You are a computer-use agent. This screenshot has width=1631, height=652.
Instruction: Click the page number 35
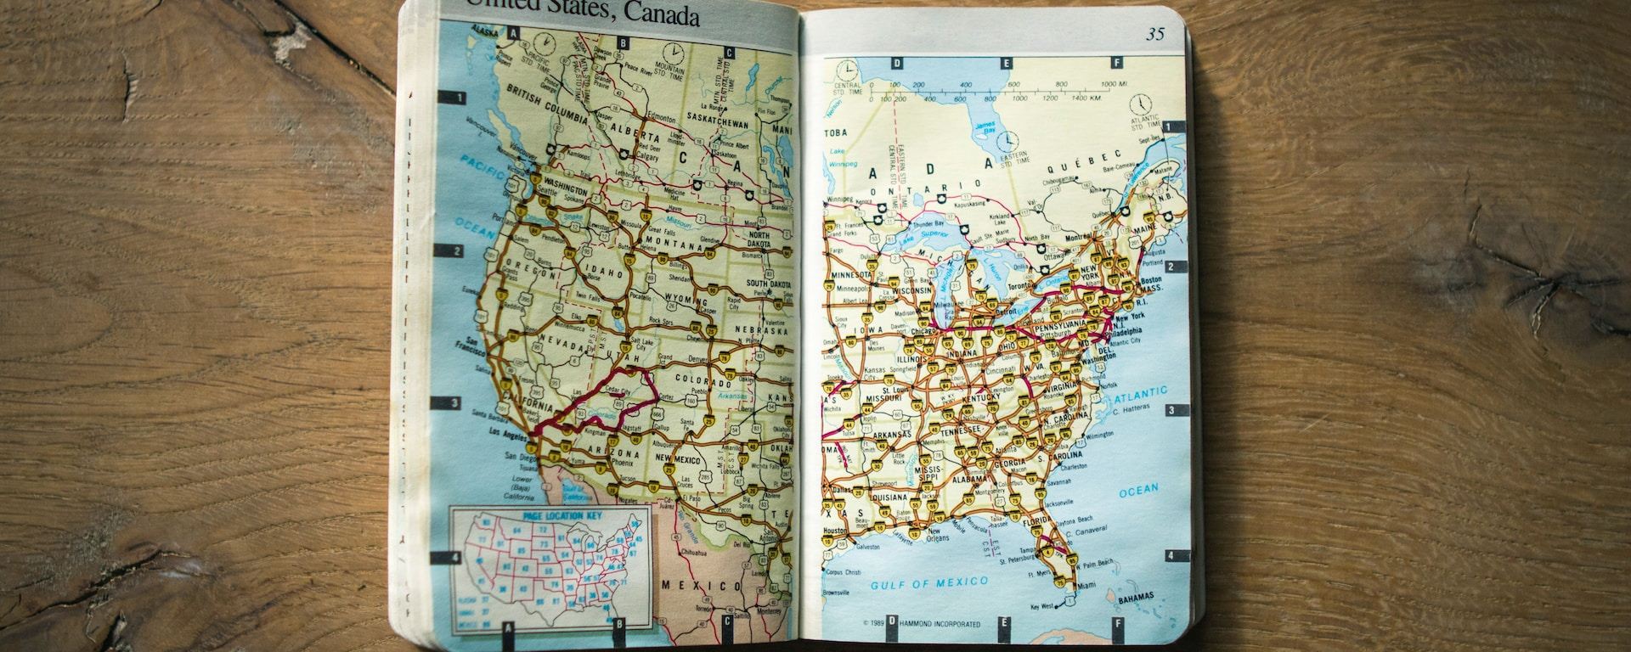(x=1155, y=34)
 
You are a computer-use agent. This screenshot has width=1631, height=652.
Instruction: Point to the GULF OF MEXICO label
(x=929, y=583)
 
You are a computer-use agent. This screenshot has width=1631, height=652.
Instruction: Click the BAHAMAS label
(x=1136, y=599)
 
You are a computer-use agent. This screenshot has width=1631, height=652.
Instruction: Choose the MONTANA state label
(x=674, y=244)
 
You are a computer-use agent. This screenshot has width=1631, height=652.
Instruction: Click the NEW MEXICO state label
(x=677, y=459)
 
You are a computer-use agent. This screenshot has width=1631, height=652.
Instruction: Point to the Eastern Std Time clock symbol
(x=1007, y=140)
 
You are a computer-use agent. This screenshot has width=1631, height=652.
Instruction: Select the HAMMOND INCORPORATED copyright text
(x=932, y=624)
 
